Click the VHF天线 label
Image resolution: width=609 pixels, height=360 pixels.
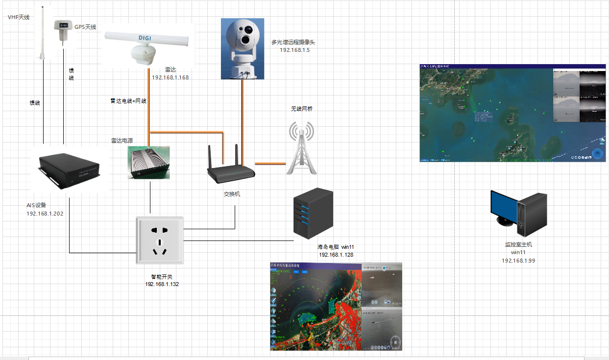coord(19,17)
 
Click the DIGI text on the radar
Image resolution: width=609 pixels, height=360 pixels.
coord(145,37)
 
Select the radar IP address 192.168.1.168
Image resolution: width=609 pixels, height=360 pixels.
coord(171,77)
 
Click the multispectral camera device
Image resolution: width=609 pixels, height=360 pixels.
coord(242,48)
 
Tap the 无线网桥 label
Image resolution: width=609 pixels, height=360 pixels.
coord(302,109)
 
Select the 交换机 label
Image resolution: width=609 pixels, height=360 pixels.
coord(232,194)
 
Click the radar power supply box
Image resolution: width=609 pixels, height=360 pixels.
coord(149,162)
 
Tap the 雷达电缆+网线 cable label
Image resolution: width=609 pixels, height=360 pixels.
coord(128,101)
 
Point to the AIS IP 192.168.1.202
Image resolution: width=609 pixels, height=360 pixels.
coord(45,214)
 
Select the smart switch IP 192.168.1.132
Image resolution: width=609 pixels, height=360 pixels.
coord(162,284)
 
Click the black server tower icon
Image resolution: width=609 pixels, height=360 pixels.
coord(313,214)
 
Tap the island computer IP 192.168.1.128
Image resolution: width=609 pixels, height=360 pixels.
coord(336,255)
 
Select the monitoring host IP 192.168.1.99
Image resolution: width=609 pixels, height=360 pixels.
coord(518,261)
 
